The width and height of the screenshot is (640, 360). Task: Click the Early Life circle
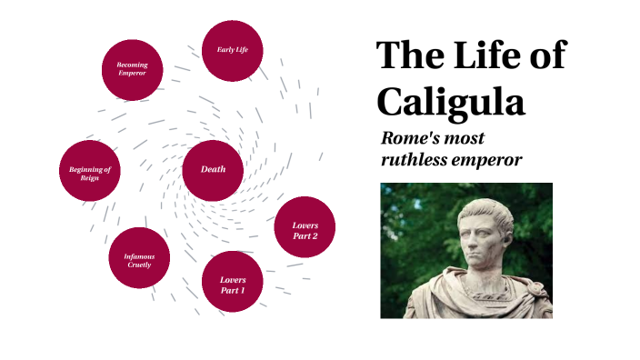click(232, 50)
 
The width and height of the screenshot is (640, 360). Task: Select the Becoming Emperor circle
click(133, 69)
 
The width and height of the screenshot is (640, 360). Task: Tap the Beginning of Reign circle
click(89, 170)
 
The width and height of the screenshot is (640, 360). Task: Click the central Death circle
click(213, 170)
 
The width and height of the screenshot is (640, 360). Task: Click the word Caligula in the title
click(451, 101)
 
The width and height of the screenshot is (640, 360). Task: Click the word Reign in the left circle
click(89, 178)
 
